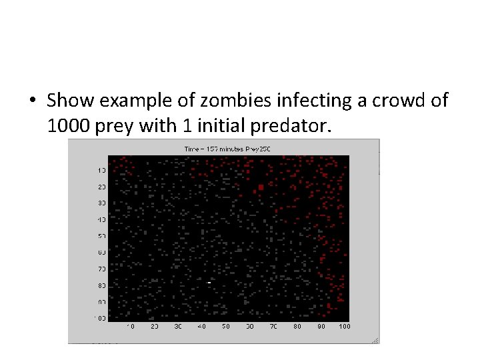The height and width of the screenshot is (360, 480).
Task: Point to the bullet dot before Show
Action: (x=32, y=101)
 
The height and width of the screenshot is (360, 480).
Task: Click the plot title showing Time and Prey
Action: (x=227, y=148)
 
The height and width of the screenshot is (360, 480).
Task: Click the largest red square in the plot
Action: (x=261, y=188)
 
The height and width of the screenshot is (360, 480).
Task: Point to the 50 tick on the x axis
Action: (x=226, y=327)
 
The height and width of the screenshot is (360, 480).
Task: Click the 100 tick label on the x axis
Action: (x=344, y=327)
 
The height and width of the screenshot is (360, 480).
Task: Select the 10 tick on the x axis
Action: (x=131, y=327)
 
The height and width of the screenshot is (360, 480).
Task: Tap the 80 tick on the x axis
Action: (x=297, y=327)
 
